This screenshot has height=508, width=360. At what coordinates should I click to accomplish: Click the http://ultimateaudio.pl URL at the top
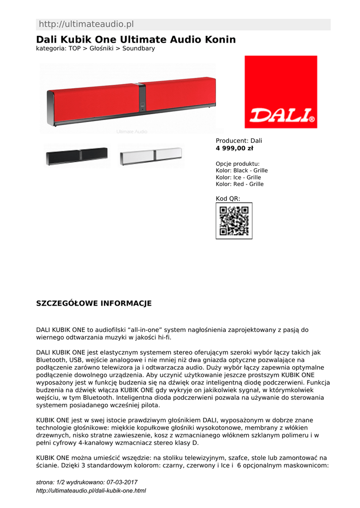click(x=86, y=24)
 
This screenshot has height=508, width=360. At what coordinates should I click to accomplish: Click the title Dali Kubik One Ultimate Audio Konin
click(x=136, y=40)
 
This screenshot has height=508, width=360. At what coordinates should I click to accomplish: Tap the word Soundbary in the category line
click(x=139, y=49)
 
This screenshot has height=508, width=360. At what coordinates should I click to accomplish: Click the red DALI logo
click(x=281, y=92)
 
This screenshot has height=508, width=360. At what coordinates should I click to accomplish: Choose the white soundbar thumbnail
click(x=150, y=156)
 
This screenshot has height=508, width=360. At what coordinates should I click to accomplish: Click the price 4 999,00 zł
click(x=234, y=148)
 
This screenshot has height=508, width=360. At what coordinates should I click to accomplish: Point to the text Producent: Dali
click(x=239, y=141)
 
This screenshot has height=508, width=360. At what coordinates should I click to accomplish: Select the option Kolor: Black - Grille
click(x=241, y=171)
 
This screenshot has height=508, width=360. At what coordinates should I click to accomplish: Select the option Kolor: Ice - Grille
click(x=238, y=178)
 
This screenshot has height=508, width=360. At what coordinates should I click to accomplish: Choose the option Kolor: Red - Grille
click(x=239, y=185)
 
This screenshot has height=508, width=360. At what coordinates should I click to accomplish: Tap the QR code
click(x=234, y=221)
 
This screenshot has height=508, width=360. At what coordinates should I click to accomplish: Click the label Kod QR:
click(x=227, y=199)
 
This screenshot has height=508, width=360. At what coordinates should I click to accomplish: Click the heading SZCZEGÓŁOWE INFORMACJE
click(x=94, y=304)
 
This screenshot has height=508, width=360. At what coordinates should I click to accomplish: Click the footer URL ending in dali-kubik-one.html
click(x=91, y=491)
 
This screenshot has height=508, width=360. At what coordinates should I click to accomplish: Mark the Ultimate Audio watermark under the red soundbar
click(x=132, y=132)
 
